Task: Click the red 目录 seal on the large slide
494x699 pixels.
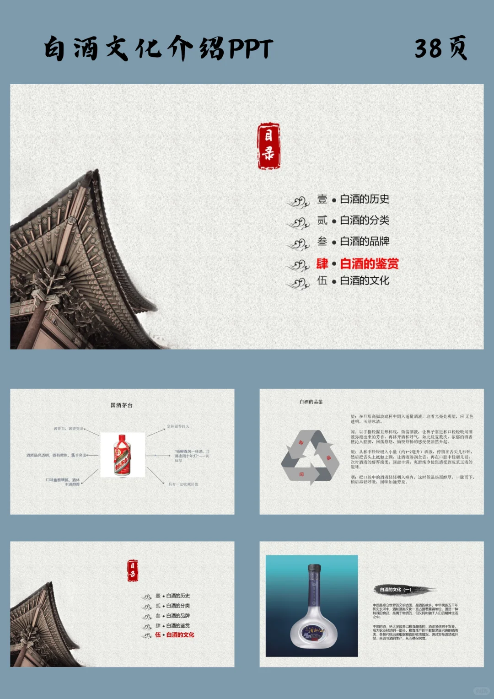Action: [x=268, y=146]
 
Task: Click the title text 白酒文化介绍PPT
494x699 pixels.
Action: [x=158, y=48]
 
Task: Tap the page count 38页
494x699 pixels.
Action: [x=440, y=48]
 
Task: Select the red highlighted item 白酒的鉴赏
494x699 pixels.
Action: [x=369, y=263]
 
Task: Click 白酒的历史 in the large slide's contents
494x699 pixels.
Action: [x=364, y=199]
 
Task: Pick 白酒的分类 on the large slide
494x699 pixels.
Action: [x=364, y=220]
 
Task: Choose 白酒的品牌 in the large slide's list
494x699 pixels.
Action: [x=364, y=241]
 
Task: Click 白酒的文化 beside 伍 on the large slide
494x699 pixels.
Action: [x=364, y=280]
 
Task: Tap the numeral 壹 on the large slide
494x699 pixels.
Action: [x=322, y=199]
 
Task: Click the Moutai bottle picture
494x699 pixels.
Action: [x=123, y=454]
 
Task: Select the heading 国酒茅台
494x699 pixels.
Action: [x=121, y=405]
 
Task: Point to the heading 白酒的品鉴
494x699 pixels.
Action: [x=311, y=402]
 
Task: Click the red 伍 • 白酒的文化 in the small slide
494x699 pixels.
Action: [x=175, y=635]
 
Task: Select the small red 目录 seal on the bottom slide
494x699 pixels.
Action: [x=133, y=570]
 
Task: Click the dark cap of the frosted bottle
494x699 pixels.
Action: [x=314, y=570]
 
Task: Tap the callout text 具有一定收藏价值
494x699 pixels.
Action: [x=183, y=484]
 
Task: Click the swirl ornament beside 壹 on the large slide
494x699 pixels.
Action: [x=298, y=201]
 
